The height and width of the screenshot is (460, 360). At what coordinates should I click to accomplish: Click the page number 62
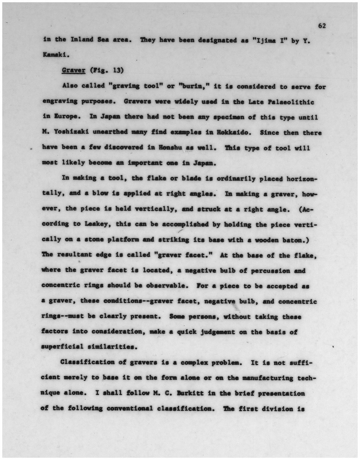(322, 26)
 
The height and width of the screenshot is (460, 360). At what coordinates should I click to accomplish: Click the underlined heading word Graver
(74, 71)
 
